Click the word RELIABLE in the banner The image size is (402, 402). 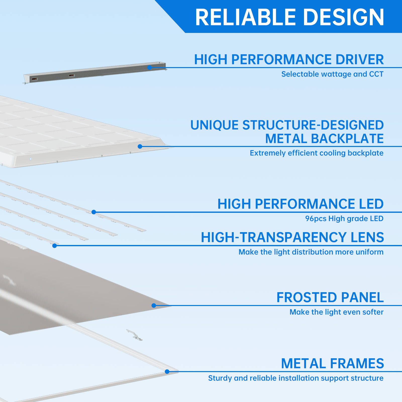pos(245,17)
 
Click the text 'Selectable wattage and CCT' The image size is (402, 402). pos(332,74)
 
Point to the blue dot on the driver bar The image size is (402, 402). pos(149,68)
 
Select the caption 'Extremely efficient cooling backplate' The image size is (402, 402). pos(317,153)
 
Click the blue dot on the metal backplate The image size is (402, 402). pos(140,146)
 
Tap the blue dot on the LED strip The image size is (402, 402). pos(94,212)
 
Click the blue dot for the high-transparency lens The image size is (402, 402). pos(55,246)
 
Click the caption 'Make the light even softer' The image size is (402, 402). pos(336,312)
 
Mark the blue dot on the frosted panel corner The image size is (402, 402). pos(154,306)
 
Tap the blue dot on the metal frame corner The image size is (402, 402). pos(167,372)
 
